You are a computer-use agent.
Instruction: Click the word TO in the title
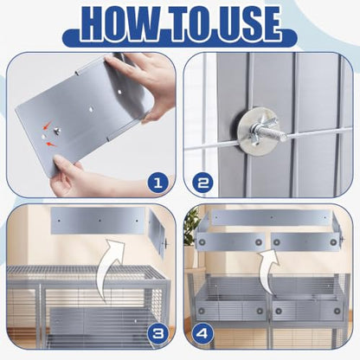(183, 23)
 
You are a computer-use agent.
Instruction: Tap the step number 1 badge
(157, 183)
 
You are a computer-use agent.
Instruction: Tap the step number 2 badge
(202, 183)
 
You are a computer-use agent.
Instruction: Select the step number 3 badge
(157, 334)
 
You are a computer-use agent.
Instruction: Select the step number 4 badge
(202, 334)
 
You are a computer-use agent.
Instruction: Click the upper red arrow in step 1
(46, 126)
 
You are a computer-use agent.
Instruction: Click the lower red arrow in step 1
(52, 145)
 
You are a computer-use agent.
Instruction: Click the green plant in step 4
(191, 228)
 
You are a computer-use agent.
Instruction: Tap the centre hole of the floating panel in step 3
(100, 221)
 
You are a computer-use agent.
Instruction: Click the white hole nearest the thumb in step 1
(119, 93)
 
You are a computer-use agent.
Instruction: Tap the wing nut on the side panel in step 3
(166, 245)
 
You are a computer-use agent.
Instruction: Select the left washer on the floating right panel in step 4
(277, 241)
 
